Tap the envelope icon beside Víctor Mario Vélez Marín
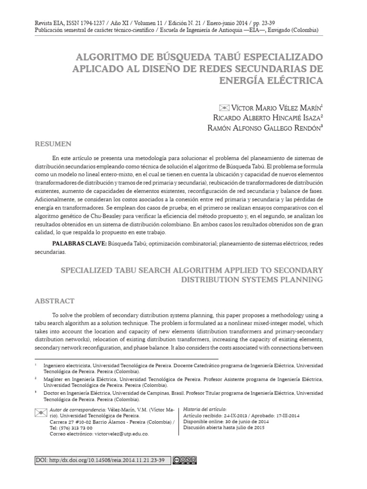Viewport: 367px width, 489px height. (224, 107)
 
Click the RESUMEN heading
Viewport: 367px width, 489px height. (53, 144)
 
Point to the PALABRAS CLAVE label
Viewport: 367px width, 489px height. (78, 244)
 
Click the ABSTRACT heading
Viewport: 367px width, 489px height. (55, 301)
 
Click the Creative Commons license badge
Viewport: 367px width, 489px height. (185, 460)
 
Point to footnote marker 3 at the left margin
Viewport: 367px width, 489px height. (36, 391)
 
